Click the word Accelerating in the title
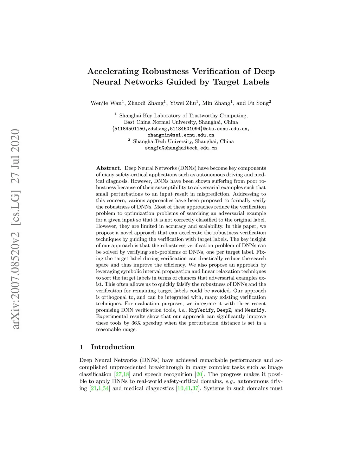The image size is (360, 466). tap(113, 71)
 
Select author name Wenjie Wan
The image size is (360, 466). tap(106, 103)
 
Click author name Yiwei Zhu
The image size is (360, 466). tap(182, 103)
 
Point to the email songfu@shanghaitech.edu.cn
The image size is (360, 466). tap(181, 148)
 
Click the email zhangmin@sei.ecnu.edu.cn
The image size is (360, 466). tap(181, 135)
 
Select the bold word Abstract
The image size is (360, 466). tap(109, 168)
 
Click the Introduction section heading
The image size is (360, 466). tap(113, 347)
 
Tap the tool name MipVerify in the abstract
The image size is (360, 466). tap(201, 310)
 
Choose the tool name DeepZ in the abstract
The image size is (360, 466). tap(224, 310)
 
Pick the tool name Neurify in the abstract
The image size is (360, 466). tap(255, 310)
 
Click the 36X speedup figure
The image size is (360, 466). tap(136, 323)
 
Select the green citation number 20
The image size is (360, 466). tap(199, 374)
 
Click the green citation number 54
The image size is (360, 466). tap(106, 388)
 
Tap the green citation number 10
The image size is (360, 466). tap(180, 388)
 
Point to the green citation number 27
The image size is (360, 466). tap(118, 374)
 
